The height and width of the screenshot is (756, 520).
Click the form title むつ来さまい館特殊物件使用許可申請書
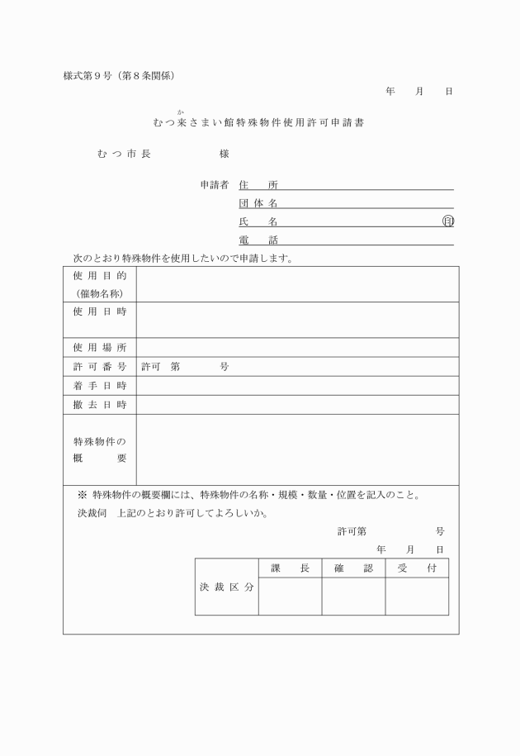259,122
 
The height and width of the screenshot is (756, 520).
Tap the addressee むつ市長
123,154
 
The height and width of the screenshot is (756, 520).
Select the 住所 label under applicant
258,185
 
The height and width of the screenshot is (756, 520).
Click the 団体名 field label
258,203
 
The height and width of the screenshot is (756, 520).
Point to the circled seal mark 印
448,221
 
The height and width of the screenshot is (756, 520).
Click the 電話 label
258,240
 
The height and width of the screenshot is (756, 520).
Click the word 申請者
214,185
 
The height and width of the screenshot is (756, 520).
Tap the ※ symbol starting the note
83,496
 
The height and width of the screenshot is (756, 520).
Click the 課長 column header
290,568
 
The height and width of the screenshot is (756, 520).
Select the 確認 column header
353,568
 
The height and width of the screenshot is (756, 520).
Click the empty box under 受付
417,597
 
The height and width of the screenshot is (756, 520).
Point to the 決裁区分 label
226,587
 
